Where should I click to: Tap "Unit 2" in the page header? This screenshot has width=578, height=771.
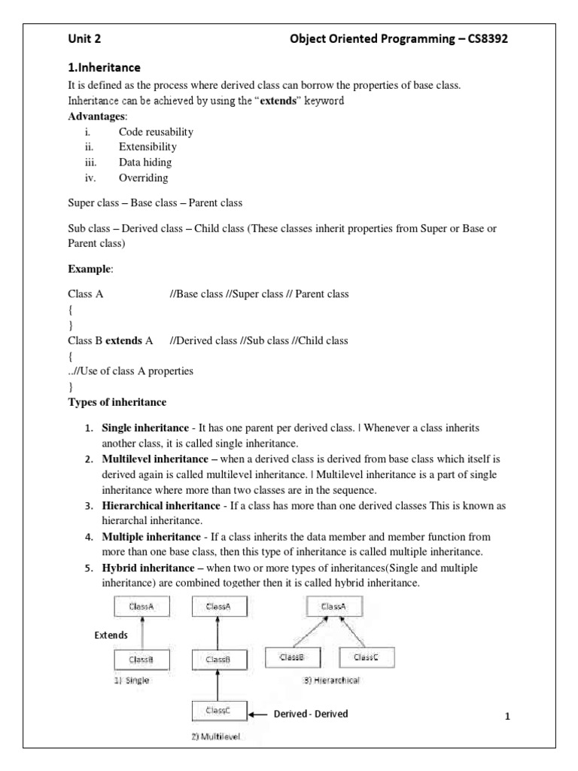pos(85,40)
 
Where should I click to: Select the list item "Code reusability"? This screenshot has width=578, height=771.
pos(155,132)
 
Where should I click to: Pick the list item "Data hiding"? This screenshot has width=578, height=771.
pos(144,162)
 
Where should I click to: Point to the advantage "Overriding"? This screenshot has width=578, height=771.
pos(143,178)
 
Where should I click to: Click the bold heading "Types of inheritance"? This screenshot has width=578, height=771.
pos(117,402)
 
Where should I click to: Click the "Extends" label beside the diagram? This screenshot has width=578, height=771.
pos(111,635)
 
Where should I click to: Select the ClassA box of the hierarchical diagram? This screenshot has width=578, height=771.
pos(333,606)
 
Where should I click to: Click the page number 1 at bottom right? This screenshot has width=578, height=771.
pos(507,717)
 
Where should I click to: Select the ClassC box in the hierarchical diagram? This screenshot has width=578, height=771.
pos(365,657)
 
